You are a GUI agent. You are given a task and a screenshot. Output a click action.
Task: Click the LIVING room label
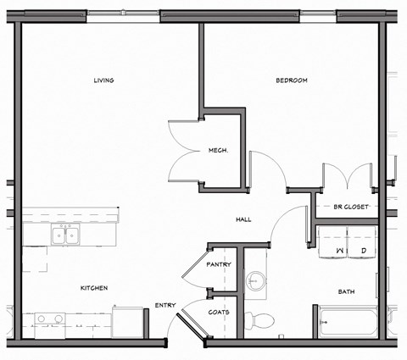[103, 80]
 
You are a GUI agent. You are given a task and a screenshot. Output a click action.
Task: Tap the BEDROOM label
[291, 80]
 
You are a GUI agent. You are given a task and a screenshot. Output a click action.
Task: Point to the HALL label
[243, 220]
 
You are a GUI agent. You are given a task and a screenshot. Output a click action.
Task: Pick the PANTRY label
[219, 264]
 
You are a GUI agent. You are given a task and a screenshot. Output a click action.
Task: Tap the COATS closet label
[219, 312]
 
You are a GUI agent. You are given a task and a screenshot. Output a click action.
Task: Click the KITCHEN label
[93, 288]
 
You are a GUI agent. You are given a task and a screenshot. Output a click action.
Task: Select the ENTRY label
[165, 306]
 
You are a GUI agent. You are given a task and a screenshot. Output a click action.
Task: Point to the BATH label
[346, 291]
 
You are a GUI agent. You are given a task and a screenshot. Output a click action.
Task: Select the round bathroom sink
[256, 280]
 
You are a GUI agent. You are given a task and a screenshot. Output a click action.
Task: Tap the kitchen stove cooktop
[47, 320]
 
